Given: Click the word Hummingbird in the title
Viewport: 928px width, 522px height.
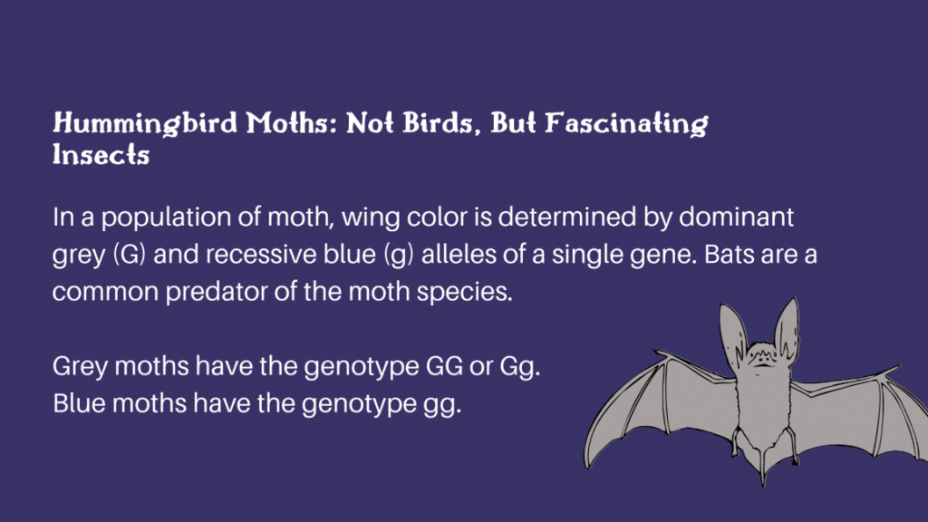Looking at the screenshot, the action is pos(145,123).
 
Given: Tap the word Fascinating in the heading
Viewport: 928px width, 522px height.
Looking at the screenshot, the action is pos(626,123).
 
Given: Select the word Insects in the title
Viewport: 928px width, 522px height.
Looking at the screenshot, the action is pos(101,155).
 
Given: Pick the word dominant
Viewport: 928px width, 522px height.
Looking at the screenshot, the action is pos(736,217).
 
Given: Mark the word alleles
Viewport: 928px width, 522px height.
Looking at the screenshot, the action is pos(459,255).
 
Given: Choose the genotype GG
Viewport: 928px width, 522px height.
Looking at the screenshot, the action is pos(444,366).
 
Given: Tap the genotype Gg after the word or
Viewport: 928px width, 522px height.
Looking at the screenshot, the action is pos(519,367).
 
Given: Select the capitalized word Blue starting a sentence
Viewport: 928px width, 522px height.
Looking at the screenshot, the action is pos(79,403).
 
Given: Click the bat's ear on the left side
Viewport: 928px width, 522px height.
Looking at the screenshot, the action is pos(732,333).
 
